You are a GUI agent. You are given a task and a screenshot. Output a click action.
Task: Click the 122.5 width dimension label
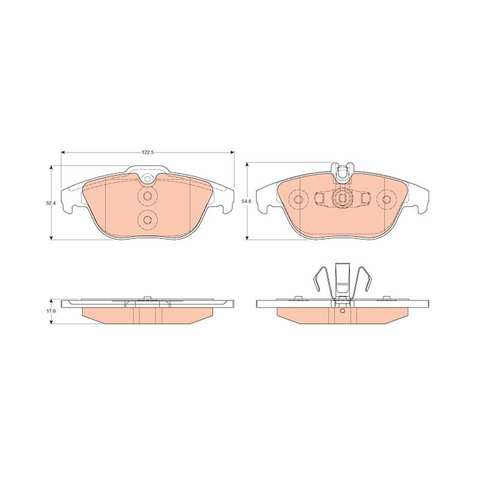(x=148, y=153)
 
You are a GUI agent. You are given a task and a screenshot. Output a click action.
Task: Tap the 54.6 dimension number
(x=243, y=201)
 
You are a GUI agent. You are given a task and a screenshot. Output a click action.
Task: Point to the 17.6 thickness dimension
(x=47, y=311)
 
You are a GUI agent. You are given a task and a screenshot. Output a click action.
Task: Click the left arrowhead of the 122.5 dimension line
(x=63, y=153)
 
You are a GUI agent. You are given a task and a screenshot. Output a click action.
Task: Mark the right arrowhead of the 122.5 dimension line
(x=233, y=153)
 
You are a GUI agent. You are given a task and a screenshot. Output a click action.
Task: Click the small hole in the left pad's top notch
(x=148, y=179)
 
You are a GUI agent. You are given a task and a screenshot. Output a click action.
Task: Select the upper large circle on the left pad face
(x=148, y=196)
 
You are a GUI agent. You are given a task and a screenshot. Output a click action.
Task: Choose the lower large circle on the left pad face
(x=148, y=219)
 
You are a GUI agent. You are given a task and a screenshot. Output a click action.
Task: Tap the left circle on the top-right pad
(x=298, y=199)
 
